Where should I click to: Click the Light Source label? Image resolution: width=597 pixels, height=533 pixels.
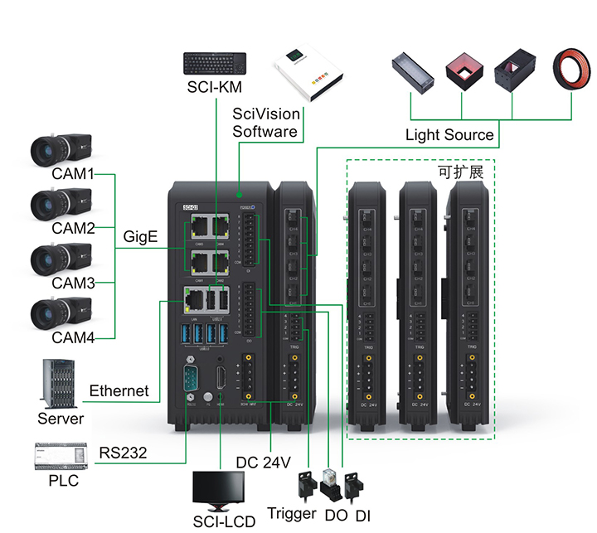[x=449, y=134]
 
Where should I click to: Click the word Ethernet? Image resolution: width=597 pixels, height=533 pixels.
[x=119, y=390]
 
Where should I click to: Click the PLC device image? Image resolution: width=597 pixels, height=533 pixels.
[x=59, y=455]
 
